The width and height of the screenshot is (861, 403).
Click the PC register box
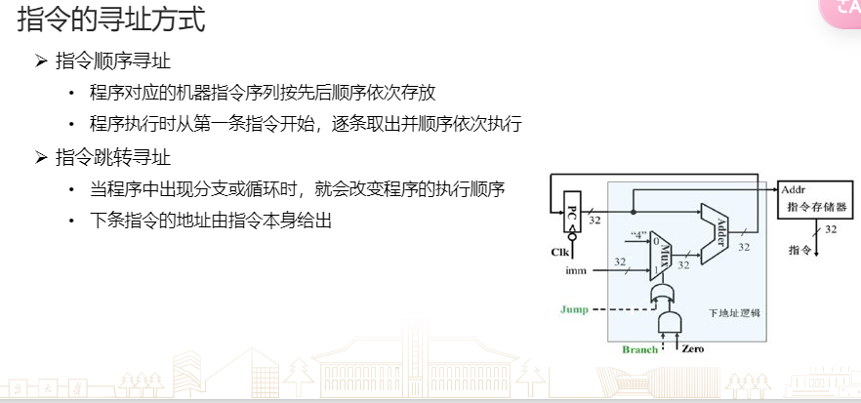coord(573,214)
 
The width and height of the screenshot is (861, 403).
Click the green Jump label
coord(574,309)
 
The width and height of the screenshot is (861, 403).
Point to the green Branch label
coord(640,349)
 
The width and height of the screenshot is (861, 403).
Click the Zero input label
coord(693,349)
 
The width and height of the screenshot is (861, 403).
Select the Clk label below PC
coord(559,253)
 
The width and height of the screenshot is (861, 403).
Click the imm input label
coord(576,271)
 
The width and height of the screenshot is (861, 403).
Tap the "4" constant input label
coord(639,235)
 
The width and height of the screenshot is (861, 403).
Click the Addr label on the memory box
coord(792,189)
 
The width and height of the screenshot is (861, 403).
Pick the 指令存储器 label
coord(816,209)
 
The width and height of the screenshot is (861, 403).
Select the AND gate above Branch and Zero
coord(672,322)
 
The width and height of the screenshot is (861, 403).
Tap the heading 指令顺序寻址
coord(113,61)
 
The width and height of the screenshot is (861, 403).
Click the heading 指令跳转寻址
coord(113,156)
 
